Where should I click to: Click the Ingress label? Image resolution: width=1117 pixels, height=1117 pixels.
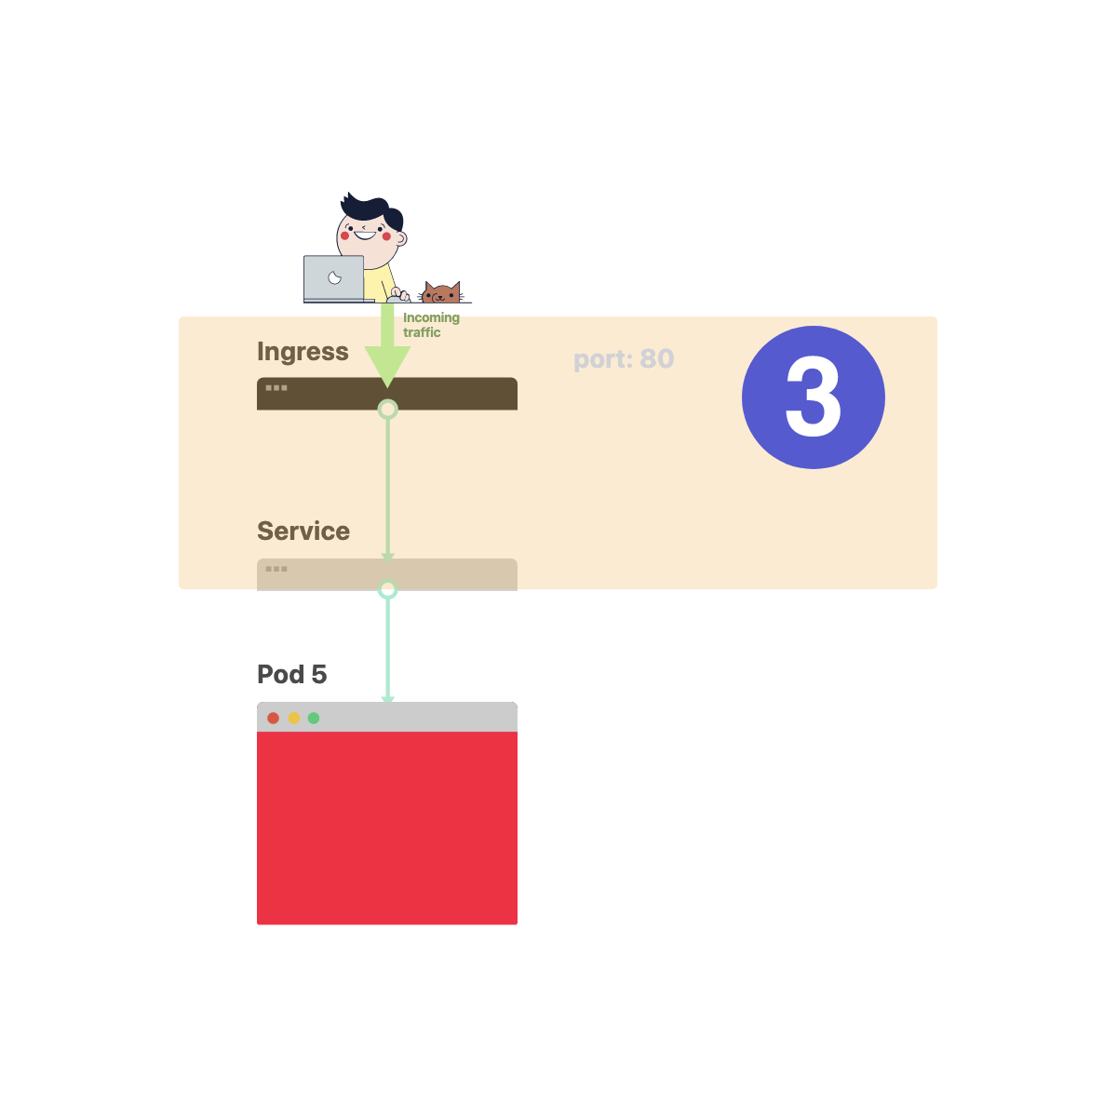[x=303, y=352]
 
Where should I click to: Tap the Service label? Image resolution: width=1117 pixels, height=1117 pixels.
[x=303, y=532]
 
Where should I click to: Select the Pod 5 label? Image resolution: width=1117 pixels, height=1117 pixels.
[x=291, y=674]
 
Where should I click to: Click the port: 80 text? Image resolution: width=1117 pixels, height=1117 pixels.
[x=624, y=359]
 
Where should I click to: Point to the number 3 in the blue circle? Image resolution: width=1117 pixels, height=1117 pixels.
[x=813, y=397]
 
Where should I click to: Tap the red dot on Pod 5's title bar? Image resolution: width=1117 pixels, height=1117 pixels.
[x=273, y=718]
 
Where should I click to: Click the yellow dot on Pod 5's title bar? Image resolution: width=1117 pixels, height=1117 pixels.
[x=293, y=718]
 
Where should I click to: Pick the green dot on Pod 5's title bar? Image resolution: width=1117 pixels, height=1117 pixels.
[x=314, y=718]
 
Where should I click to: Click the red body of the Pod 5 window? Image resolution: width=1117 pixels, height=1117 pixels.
[x=387, y=828]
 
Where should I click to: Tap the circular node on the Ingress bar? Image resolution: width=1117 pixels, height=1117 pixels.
[x=387, y=409]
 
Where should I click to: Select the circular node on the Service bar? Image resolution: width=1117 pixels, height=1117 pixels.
[x=387, y=589]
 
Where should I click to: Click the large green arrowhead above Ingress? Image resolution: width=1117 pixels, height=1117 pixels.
[x=387, y=364]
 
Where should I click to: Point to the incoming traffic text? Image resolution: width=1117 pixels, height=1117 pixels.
[x=430, y=325]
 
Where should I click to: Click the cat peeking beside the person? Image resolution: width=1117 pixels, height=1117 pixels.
[x=441, y=293]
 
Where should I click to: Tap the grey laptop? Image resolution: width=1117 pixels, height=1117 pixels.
[x=333, y=278]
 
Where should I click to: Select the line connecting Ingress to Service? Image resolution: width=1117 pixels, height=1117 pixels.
[x=387, y=484]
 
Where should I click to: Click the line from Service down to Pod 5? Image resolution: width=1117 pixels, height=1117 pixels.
[x=387, y=647]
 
